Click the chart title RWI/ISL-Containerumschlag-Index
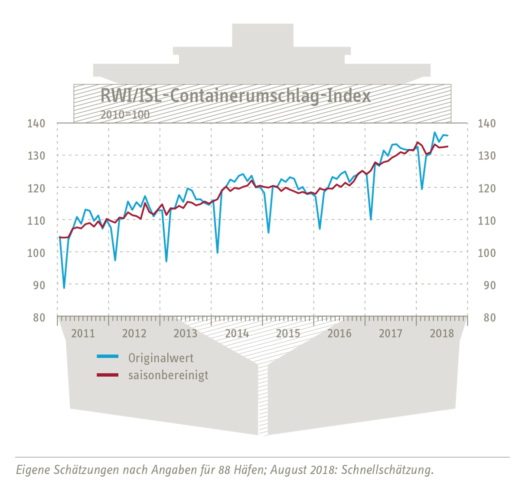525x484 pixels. point(235,95)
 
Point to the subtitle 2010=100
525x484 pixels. point(125,114)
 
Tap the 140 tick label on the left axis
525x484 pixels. point(36,124)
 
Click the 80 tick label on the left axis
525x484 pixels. point(39,318)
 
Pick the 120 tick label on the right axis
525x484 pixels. point(486,188)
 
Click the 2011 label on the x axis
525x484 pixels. point(83,334)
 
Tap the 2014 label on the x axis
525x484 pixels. point(237,334)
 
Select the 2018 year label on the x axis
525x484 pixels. point(442,334)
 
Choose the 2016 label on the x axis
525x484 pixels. point(339,334)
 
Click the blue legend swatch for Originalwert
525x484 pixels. point(108,356)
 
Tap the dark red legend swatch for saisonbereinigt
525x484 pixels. point(108,374)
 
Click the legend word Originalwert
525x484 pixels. point(161,358)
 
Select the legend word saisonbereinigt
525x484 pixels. point(168,375)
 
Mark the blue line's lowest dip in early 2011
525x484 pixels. point(64,288)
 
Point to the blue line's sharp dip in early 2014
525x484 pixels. point(217,252)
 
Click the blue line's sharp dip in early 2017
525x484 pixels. point(371,219)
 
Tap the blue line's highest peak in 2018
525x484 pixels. point(435,133)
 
